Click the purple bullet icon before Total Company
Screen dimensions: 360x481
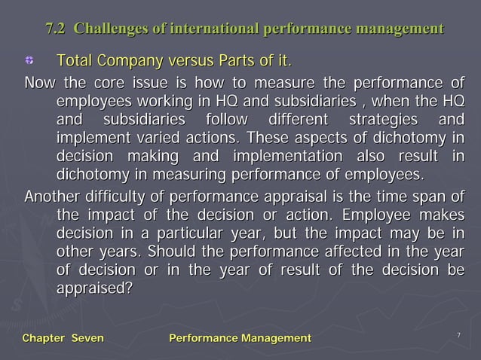(31, 60)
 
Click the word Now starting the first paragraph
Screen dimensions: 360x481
(39, 82)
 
